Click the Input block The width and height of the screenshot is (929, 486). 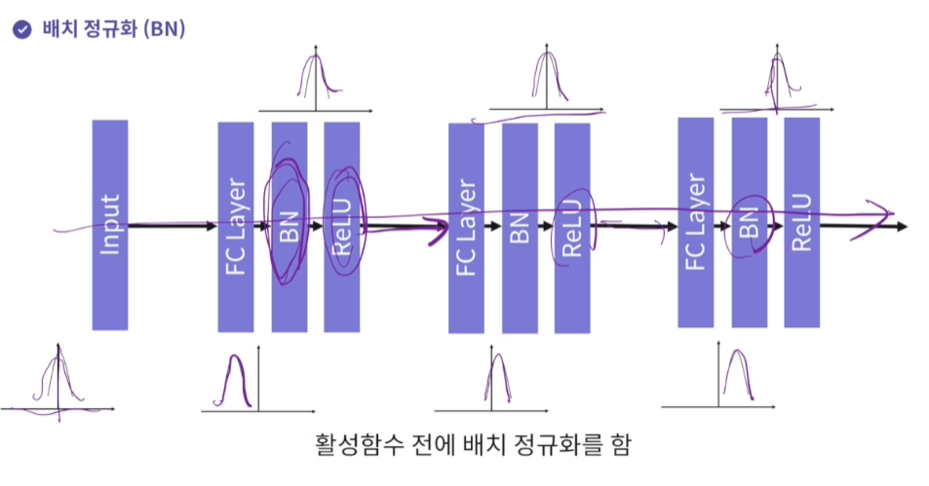[110, 225]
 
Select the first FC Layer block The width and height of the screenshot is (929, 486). [235, 225]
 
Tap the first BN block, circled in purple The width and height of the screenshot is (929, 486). [289, 225]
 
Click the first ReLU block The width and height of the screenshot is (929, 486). [341, 225]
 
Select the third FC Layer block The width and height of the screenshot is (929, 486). [695, 222]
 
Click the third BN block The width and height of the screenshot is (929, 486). [749, 222]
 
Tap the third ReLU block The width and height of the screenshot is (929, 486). [801, 222]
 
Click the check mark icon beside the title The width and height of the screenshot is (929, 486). [21, 29]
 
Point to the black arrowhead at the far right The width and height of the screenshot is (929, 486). [902, 227]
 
